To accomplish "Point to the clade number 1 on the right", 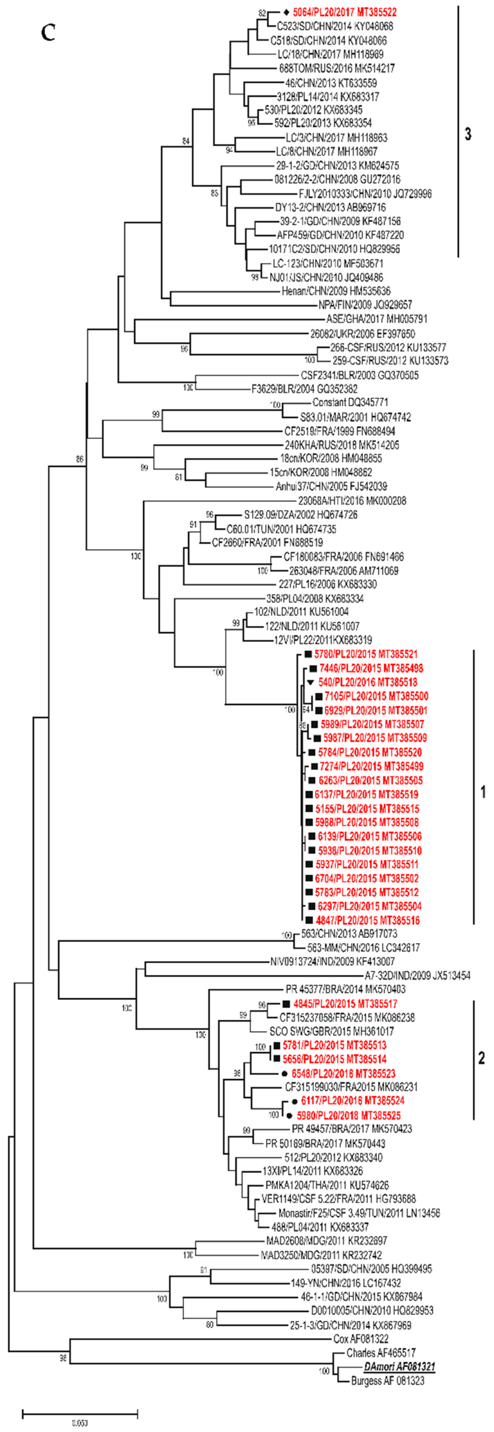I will click(483, 792).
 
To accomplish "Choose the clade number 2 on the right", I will click(482, 1057).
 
